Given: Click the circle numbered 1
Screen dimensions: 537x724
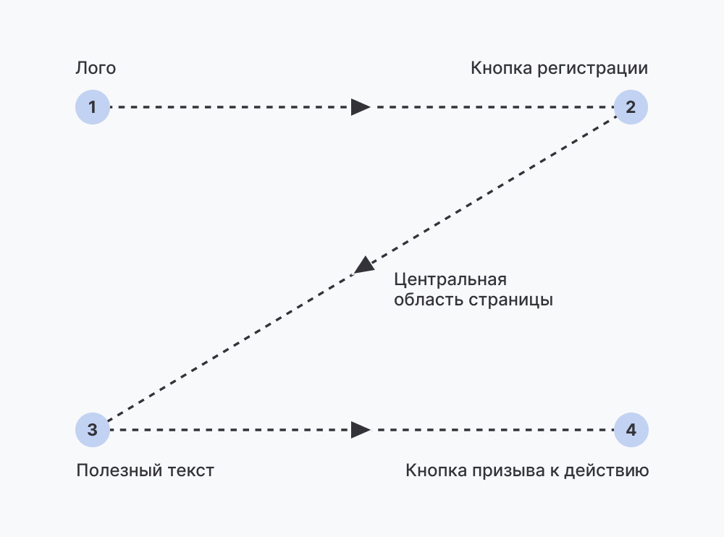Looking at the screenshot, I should tap(92, 107).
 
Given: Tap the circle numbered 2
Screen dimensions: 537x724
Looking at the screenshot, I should tap(631, 107).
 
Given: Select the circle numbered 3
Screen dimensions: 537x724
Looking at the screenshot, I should tap(92, 430).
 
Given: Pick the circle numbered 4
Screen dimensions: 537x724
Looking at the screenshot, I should tap(631, 430).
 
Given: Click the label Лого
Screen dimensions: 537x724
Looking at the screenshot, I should tap(96, 69).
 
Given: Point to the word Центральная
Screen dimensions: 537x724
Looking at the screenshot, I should tap(450, 280).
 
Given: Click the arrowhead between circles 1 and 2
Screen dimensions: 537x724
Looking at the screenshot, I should tap(360, 107).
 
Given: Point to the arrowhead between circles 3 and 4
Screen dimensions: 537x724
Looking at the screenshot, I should tap(360, 430).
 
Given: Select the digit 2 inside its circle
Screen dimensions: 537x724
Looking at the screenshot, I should tap(631, 107).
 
